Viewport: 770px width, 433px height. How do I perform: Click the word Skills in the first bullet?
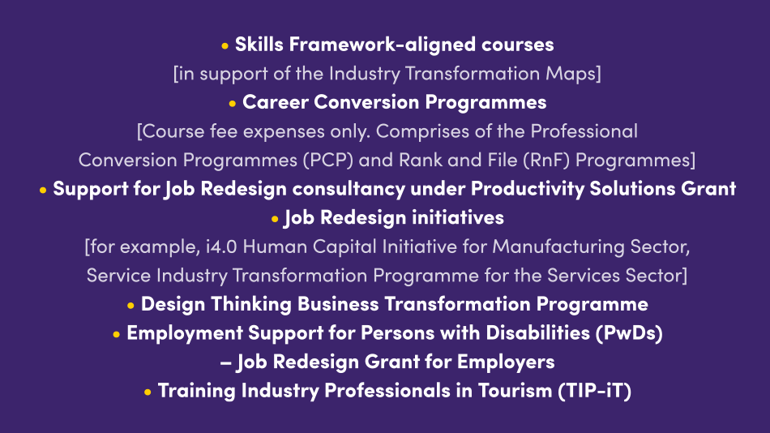click(x=259, y=45)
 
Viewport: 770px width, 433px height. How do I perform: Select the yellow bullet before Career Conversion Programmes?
click(x=233, y=104)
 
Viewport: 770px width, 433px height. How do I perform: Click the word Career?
click(x=276, y=102)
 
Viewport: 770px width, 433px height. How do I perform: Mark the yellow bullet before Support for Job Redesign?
click(x=43, y=191)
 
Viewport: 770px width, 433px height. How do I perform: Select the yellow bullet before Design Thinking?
click(x=130, y=306)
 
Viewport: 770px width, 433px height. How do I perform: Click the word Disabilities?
click(x=537, y=333)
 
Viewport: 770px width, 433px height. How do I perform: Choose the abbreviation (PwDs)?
click(x=629, y=333)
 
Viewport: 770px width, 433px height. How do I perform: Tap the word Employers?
click(x=506, y=362)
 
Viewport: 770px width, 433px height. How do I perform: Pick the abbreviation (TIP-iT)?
click(x=595, y=391)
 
